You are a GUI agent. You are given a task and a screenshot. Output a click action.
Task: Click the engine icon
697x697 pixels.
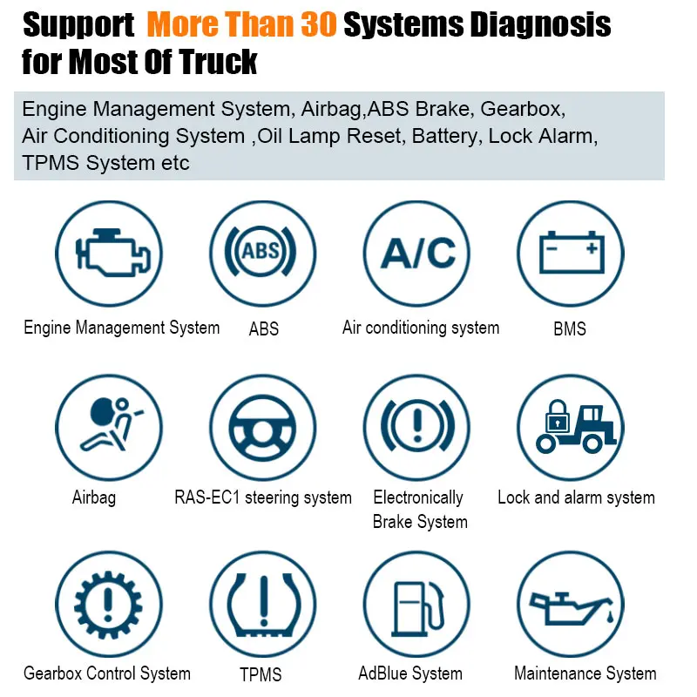point(108,254)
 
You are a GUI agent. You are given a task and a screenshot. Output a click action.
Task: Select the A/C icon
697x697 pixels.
point(416,254)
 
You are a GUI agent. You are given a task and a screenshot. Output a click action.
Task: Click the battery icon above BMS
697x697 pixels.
point(571,254)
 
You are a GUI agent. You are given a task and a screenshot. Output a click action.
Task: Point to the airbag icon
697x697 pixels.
point(108,428)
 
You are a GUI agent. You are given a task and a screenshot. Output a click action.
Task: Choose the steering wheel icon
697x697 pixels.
point(262,428)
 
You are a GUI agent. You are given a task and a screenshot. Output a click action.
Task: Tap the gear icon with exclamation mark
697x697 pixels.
point(108,602)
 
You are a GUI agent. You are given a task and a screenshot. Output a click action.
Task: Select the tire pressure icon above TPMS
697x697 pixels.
point(262,602)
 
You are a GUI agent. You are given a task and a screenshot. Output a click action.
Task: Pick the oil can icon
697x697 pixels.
point(571,602)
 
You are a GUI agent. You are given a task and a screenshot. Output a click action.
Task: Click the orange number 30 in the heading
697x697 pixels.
point(312,25)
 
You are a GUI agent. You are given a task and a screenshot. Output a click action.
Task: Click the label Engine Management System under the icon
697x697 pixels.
point(121,328)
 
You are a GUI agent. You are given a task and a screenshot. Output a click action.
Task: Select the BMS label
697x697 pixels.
point(570,329)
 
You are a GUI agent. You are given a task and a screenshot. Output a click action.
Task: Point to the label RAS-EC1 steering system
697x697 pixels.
point(263,497)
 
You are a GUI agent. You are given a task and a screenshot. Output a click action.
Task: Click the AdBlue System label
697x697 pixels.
point(410,673)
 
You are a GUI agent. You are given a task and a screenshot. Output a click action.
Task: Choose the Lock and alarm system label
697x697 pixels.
point(576,497)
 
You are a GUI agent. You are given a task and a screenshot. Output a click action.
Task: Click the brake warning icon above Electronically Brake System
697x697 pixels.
point(416,428)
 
